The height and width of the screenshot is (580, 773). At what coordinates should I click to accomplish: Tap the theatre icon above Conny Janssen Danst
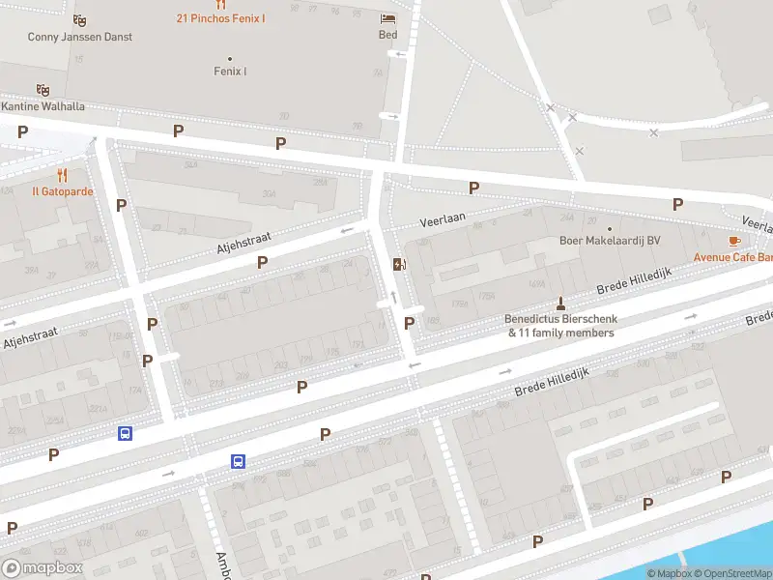tap(79, 19)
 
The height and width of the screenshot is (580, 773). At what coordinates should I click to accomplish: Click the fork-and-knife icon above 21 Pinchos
tap(220, 4)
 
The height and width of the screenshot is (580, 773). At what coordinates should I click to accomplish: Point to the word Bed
tap(387, 35)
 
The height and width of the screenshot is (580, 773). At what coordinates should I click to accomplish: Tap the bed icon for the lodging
tap(387, 18)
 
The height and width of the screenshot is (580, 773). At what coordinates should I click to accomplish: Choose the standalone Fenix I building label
tap(230, 71)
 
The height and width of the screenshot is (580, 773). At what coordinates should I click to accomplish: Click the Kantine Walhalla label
tap(43, 105)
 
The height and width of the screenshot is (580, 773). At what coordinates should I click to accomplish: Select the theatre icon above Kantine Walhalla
tap(43, 89)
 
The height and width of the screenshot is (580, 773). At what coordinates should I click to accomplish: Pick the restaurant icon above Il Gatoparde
tap(63, 175)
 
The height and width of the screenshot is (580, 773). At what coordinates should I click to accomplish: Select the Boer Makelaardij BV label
tap(609, 242)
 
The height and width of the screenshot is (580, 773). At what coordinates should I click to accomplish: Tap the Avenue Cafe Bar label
tap(732, 257)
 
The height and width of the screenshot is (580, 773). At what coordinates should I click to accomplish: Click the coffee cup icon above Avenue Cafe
tap(734, 241)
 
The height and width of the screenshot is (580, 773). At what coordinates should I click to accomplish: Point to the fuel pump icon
tap(397, 264)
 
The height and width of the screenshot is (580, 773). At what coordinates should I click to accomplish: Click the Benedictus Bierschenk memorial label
tap(560, 326)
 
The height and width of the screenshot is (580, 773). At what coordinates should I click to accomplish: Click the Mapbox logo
tap(41, 567)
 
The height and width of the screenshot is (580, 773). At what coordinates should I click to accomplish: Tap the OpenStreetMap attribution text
tap(730, 573)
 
